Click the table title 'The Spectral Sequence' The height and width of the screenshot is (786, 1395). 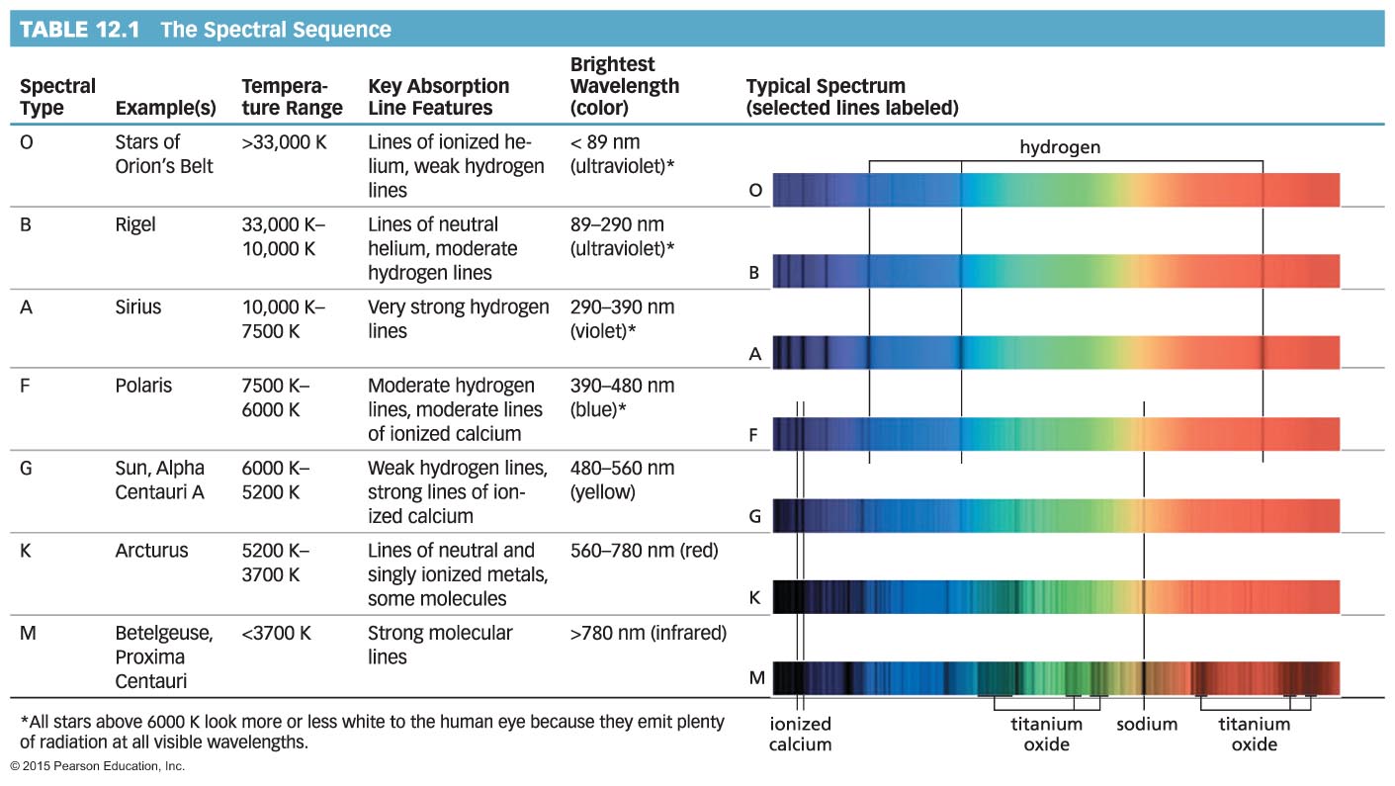point(275,30)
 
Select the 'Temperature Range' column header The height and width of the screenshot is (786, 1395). point(292,97)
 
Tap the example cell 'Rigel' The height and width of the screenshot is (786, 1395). point(135,224)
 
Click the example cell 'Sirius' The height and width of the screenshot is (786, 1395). point(138,307)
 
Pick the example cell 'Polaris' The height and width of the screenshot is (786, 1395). point(143,386)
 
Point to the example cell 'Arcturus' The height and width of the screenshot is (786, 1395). point(151,551)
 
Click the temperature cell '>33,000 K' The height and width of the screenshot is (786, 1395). point(284,141)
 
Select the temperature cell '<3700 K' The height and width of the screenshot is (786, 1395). point(276,633)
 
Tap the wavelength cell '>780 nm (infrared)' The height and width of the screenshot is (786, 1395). point(649,633)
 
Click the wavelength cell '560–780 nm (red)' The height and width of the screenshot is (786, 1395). point(645,551)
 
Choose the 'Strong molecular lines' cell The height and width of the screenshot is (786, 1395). point(440,645)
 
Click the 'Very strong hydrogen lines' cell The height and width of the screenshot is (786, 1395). point(458,318)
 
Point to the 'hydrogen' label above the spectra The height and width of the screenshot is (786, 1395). point(1060,147)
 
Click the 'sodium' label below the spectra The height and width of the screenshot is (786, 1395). point(1147,725)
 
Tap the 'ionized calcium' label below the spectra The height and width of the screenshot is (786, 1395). point(800,735)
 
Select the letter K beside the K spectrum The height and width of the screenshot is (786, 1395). point(755,597)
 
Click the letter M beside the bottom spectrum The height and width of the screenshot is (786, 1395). point(756,678)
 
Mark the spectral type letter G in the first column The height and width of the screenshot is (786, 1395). point(27,468)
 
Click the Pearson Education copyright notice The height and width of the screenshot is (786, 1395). point(97,766)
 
